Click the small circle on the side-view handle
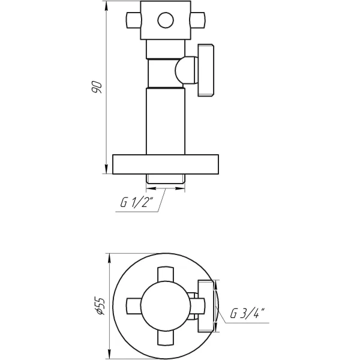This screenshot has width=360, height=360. (165, 22)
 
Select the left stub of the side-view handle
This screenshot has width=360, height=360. (133, 22)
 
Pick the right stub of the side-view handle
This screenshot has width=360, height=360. (197, 22)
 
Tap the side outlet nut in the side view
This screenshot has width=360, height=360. (206, 71)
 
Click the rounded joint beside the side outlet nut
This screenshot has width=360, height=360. (185, 70)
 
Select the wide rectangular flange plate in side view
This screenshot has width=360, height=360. (166, 164)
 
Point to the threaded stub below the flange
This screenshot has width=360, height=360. (166, 179)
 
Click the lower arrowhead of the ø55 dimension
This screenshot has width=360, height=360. (108, 353)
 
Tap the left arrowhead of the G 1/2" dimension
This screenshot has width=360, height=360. (150, 188)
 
